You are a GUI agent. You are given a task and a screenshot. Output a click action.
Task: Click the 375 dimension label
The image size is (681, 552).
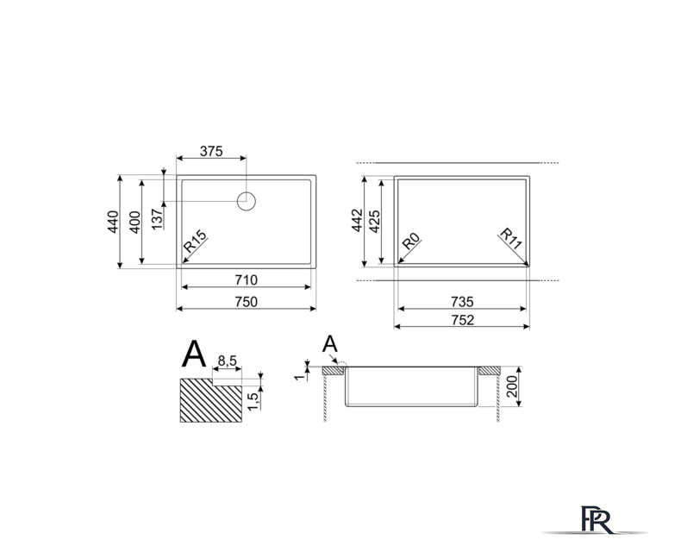pos(211,151)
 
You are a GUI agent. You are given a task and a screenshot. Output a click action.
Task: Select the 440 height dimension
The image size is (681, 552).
pos(113,222)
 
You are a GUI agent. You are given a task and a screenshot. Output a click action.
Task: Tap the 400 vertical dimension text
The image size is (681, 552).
pos(135,223)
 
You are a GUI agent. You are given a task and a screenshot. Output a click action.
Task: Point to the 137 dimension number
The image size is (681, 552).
pos(157,218)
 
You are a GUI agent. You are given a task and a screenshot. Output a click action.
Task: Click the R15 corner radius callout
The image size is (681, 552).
pos(195,241)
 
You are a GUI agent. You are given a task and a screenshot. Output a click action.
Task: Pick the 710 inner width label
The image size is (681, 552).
pos(247,280)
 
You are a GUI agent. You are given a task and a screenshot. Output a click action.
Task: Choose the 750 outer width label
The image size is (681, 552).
pos(247,302)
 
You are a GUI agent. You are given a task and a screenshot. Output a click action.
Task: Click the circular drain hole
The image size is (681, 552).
pos(247,201)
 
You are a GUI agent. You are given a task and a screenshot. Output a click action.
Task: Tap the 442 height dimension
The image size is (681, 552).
pos(357,220)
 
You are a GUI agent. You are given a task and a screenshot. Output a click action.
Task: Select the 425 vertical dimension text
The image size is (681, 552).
pos(374,222)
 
